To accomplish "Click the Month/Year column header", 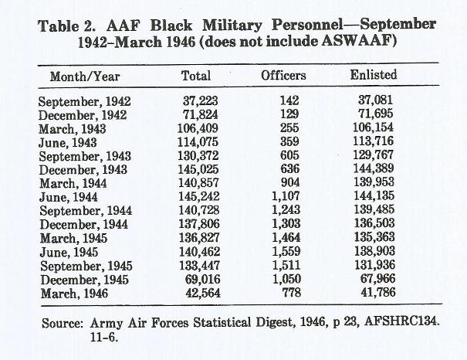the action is coord(85,76).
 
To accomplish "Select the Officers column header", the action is coord(283,76).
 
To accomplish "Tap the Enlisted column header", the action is coord(374,74).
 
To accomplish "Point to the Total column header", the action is coord(196,76).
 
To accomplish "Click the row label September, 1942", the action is coord(85,102).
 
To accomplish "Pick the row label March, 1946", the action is coord(74,294).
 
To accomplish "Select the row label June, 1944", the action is coord(69,197).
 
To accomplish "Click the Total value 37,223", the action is coord(201,100).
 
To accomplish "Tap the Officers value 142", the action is coord(289,100).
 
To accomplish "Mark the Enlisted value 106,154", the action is coord(373,127).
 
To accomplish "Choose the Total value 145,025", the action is coord(198,169).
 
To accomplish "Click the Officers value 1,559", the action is coord(286,251).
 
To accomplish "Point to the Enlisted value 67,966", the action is coord(377,278).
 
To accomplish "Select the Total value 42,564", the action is coord(203,293).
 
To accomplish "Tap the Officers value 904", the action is coord(290,182).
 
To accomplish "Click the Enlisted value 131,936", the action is coord(374,265).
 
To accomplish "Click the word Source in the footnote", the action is coord(62,324).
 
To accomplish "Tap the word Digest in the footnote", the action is coord(273,323).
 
